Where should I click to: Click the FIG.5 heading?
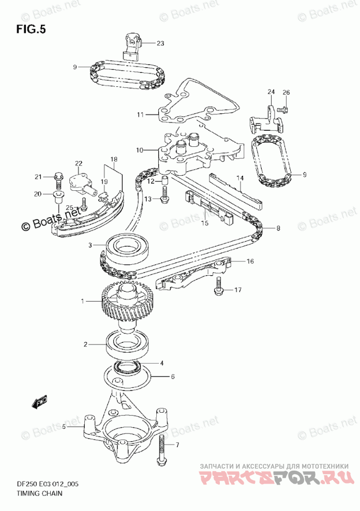click(31, 29)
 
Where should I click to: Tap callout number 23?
click(160, 43)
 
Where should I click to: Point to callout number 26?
click(286, 92)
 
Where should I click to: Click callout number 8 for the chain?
click(278, 228)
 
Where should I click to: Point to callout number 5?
click(64, 427)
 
